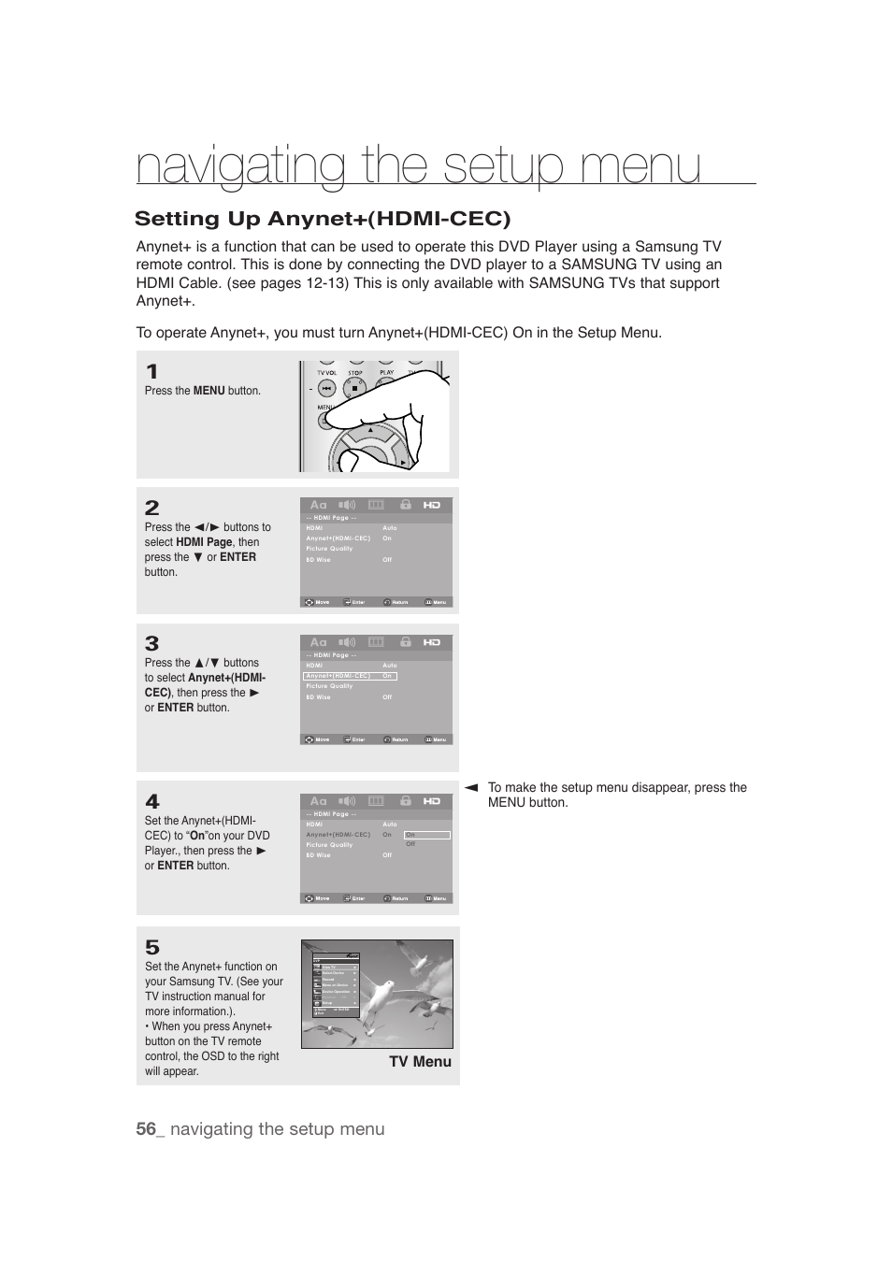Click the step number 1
tap(151, 372)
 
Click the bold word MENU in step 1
tap(209, 391)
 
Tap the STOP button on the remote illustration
tap(355, 384)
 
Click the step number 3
tap(151, 643)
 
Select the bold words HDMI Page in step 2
tap(204, 542)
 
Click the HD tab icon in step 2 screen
tap(431, 505)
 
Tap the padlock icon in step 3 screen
tap(405, 642)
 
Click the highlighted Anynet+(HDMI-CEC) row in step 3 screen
tap(350, 676)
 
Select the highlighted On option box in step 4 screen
tap(426, 835)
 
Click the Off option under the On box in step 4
tap(410, 844)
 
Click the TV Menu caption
tap(420, 1062)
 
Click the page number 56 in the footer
tap(145, 1129)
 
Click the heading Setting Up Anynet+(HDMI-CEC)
tap(323, 219)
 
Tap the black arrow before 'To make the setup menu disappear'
tap(471, 788)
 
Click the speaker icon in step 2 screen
tap(347, 505)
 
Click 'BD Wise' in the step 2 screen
tap(318, 560)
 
